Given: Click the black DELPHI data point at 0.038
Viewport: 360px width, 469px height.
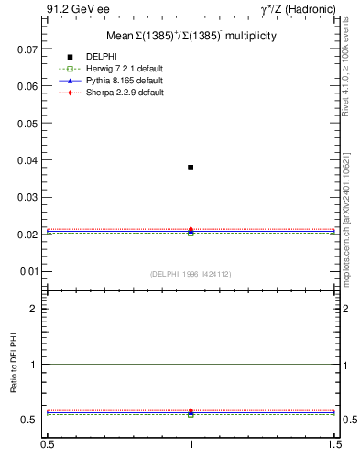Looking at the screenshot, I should pos(191,168).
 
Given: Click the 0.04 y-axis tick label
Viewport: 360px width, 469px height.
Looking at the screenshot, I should pos(27,160).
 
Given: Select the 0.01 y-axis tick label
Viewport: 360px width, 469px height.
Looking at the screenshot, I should pos(27,272).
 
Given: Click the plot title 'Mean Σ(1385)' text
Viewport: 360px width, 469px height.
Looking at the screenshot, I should pos(191,36).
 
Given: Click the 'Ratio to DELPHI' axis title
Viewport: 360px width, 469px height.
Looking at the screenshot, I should pos(14,365).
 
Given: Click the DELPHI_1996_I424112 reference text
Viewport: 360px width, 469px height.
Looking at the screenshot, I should pos(191,274).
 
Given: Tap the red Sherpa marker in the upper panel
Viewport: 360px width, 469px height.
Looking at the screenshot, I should pos(191,229).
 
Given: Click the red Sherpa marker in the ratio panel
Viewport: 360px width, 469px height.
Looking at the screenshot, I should pos(191,410).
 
